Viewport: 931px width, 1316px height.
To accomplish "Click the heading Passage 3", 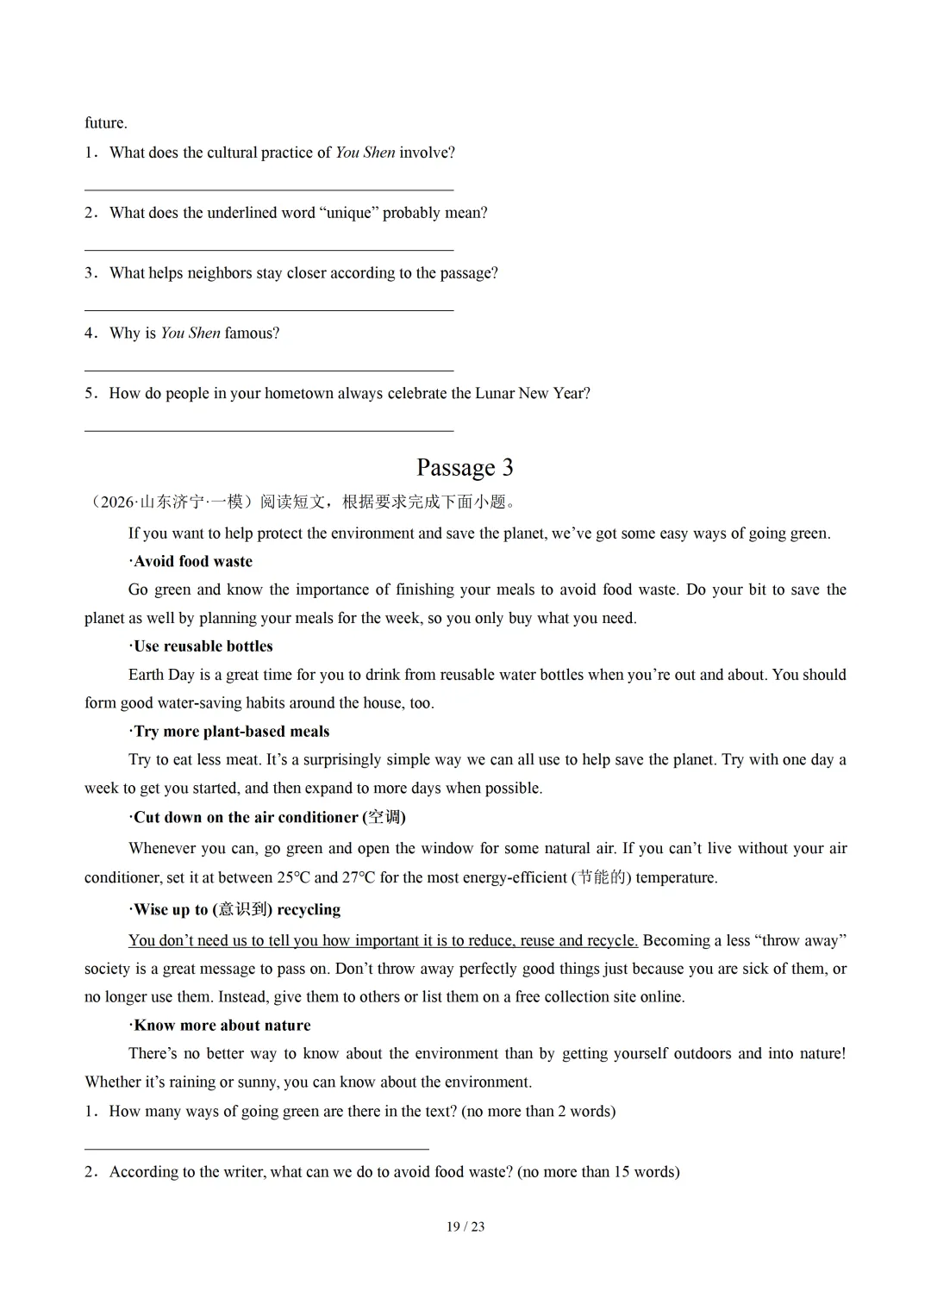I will tap(465, 467).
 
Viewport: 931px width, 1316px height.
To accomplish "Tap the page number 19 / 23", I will tap(465, 1226).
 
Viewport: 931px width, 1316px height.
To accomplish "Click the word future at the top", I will tap(105, 122).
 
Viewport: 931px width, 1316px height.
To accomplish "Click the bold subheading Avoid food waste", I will tap(193, 561).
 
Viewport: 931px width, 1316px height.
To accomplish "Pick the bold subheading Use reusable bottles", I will tap(203, 646).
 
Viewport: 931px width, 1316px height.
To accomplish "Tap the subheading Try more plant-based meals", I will tap(231, 732).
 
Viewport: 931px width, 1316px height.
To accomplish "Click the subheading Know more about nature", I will tap(222, 1025).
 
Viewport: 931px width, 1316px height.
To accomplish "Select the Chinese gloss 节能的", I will tap(601, 877).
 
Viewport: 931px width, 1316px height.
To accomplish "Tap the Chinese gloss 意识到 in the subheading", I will tap(242, 909).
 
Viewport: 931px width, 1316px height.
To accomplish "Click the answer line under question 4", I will tap(269, 370).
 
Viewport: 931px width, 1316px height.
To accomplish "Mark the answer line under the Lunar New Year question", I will tap(269, 430).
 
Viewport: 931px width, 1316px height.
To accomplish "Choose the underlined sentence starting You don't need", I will tap(383, 940).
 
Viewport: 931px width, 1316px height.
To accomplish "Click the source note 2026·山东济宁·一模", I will tap(172, 502).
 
